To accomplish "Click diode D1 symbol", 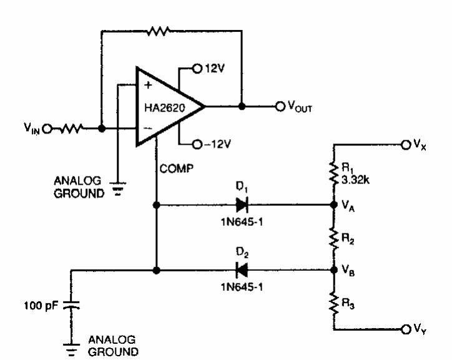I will [x=242, y=203].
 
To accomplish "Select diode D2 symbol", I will [x=241, y=270].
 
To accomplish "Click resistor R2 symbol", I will [x=333, y=237].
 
